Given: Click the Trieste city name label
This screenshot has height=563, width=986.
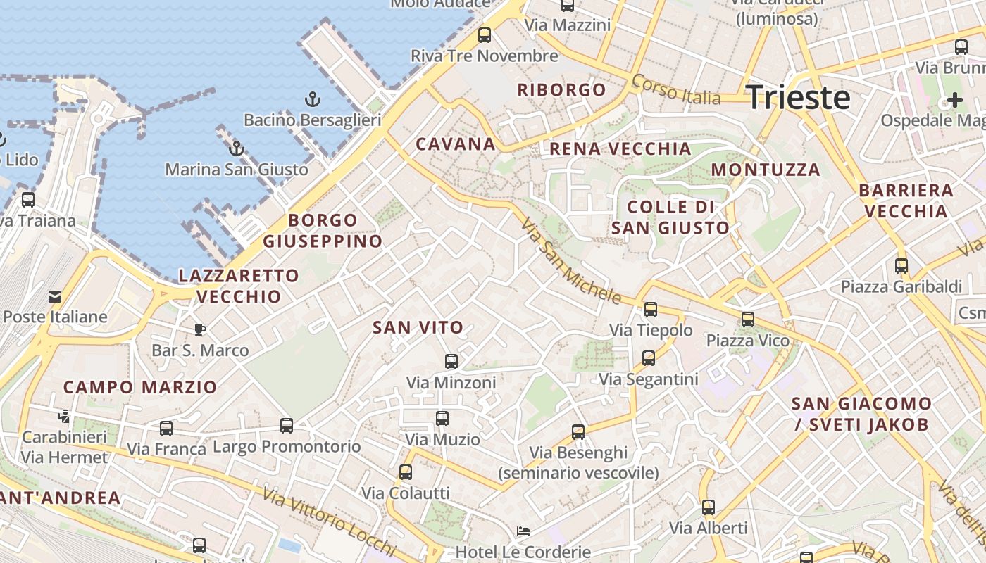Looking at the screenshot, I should point(798,97).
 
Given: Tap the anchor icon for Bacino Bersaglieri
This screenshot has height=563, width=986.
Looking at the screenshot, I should point(312,99).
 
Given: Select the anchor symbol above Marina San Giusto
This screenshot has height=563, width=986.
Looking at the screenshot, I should point(237,148).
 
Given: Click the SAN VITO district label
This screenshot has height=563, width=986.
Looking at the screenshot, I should point(418,327).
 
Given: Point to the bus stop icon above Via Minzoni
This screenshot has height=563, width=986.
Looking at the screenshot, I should point(451,362).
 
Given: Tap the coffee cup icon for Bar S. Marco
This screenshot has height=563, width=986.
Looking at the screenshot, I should point(200,329).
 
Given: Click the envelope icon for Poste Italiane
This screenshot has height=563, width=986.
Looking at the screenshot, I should point(55,296).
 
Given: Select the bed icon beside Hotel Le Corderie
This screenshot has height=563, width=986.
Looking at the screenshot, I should point(523,531).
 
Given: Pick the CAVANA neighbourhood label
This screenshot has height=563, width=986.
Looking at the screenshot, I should point(456,144).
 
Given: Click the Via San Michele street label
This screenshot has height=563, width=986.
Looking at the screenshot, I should point(570,261).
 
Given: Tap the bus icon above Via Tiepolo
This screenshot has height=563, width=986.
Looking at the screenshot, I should point(651,309).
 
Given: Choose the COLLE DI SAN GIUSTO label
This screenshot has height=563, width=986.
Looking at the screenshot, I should point(670,217).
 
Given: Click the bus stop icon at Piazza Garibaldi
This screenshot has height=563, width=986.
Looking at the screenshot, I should point(901,266).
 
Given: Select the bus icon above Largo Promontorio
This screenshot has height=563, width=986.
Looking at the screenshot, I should point(286,425).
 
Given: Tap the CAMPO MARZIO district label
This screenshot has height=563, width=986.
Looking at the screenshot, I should point(140,387).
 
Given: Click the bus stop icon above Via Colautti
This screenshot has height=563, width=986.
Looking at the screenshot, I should point(405,472).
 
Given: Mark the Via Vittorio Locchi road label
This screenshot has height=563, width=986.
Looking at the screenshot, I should point(330,521).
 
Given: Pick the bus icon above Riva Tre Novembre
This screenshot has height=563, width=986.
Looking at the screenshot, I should point(484,35).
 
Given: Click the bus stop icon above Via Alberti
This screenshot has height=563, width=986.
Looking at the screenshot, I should point(708,507).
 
